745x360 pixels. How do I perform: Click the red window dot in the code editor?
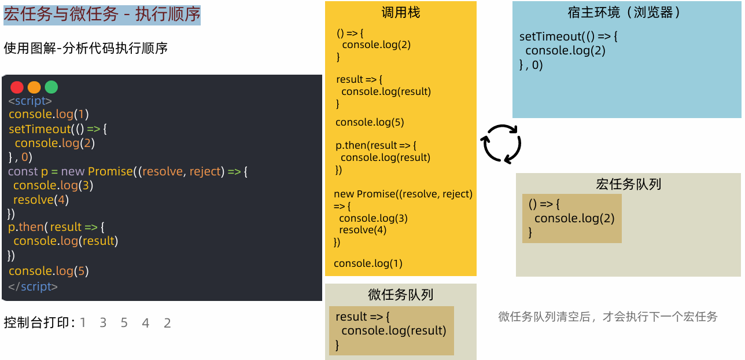(x=17, y=87)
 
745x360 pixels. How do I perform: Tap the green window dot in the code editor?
(x=51, y=87)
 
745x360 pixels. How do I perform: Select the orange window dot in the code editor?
(x=34, y=87)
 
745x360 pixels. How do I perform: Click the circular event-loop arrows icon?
(x=502, y=144)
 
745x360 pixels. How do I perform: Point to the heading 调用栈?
(x=400, y=13)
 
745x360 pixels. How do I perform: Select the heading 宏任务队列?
(x=628, y=185)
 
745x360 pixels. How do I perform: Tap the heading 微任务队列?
(x=400, y=295)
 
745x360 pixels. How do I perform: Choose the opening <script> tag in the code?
(x=30, y=101)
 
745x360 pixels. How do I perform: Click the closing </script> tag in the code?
(x=33, y=286)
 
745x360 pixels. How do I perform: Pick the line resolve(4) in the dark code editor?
(x=40, y=200)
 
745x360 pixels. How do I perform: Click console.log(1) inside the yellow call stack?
(x=368, y=263)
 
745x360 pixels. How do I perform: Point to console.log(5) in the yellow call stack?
(x=370, y=122)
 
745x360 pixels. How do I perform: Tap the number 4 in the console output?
(x=145, y=323)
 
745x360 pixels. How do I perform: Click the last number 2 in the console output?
(x=167, y=323)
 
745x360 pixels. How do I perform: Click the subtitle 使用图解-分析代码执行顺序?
(x=86, y=49)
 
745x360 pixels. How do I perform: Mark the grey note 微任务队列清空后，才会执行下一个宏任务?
(x=607, y=317)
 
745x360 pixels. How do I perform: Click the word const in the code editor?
(x=23, y=171)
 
